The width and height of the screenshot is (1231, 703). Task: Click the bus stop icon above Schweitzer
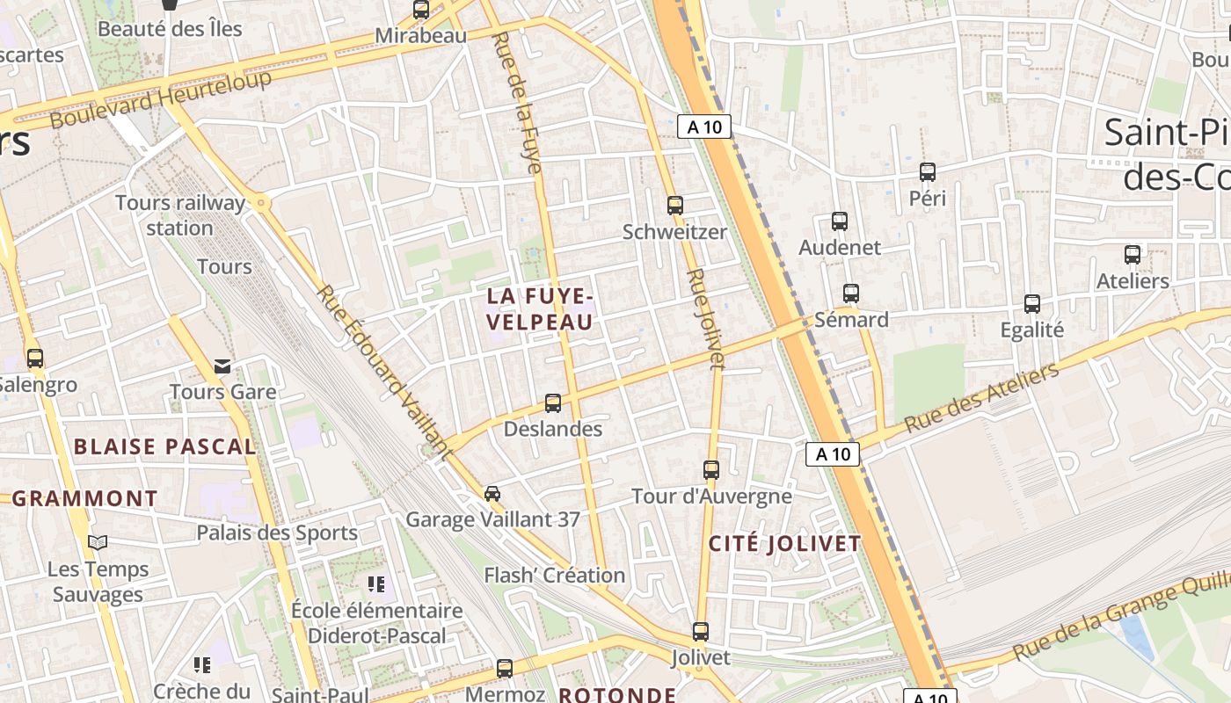click(675, 206)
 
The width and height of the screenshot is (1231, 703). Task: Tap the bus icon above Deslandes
click(553, 403)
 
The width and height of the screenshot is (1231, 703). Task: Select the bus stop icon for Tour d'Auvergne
click(711, 470)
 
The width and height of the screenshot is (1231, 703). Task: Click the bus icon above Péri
click(928, 172)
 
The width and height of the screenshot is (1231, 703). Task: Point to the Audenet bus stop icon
click(840, 221)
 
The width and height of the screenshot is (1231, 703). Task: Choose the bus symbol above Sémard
click(850, 294)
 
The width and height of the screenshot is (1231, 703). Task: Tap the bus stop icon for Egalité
click(1032, 304)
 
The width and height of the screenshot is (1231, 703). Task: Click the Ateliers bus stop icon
click(1133, 255)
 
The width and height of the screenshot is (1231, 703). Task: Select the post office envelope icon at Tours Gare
click(222, 366)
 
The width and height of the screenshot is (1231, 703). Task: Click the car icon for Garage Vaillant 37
click(492, 494)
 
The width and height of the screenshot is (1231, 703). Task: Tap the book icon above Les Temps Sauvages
click(97, 543)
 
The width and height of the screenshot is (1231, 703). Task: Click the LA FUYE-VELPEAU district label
click(540, 309)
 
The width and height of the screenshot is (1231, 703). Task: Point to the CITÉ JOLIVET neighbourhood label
click(785, 543)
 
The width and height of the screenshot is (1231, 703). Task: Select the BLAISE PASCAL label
click(165, 446)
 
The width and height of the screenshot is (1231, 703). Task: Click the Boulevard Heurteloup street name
click(161, 100)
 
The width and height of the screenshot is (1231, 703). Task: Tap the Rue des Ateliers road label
click(982, 398)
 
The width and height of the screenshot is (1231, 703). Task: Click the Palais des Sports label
click(277, 533)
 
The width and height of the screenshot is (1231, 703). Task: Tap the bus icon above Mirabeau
click(421, 10)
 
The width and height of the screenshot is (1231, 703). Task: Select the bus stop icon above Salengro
click(35, 359)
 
